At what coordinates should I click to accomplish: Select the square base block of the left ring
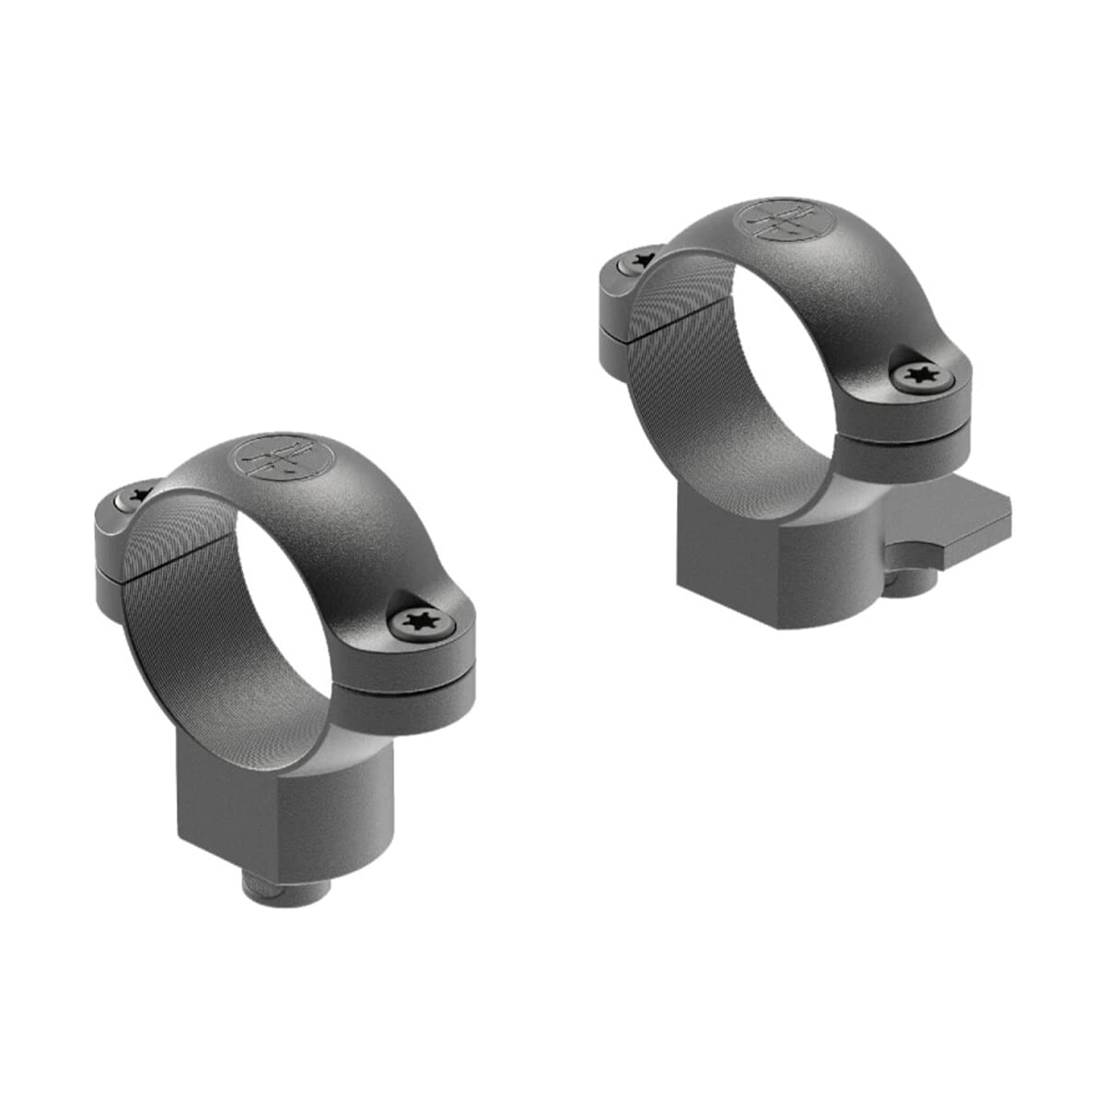pyautogui.click(x=285, y=810)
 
